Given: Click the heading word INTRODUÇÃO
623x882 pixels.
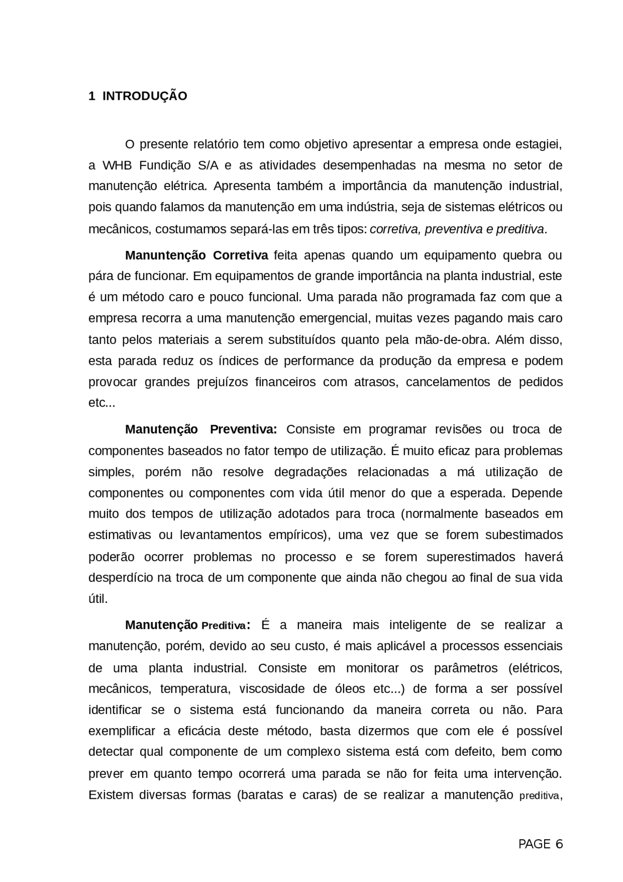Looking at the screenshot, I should pos(145,96).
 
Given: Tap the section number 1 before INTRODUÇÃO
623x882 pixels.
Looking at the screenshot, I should pos(92,96).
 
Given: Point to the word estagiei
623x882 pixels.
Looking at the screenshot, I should pos(539,145).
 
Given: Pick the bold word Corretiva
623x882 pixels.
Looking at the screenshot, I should pos(240,255).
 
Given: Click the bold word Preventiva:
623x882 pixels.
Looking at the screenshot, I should pos(243,430).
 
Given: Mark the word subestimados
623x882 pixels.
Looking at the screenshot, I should pos(524,535).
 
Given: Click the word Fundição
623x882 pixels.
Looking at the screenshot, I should pos(165,166).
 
